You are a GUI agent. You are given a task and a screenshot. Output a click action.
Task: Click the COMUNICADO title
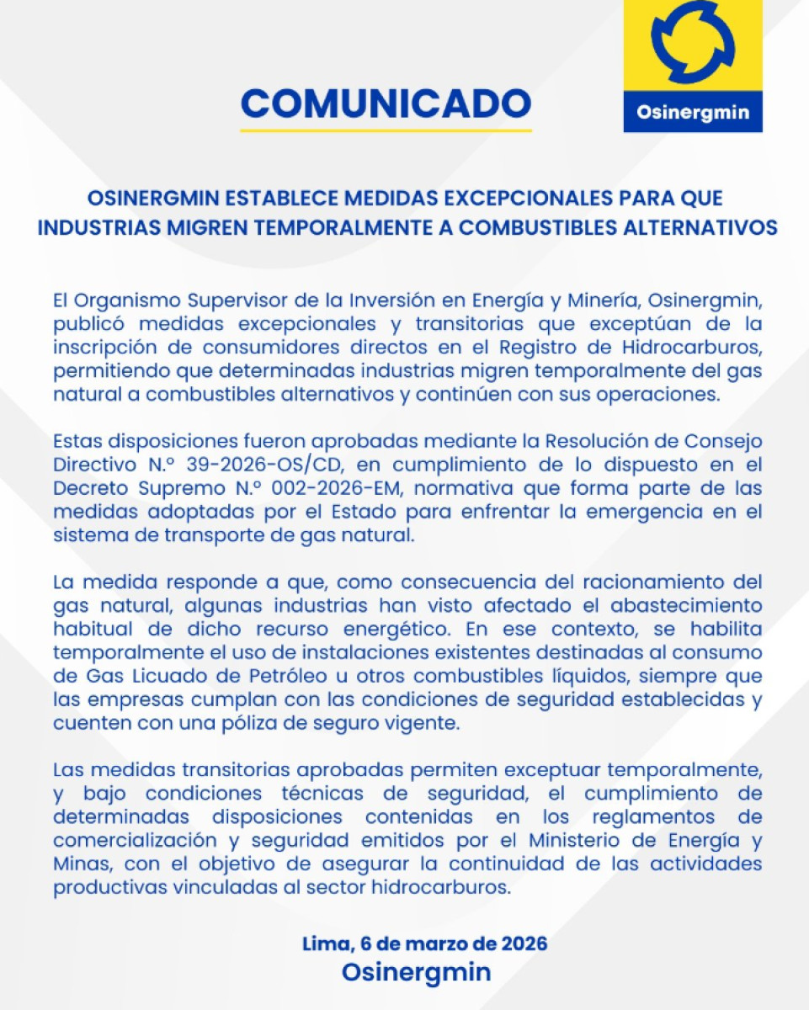[x=386, y=103]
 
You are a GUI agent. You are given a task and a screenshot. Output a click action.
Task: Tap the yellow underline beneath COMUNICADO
[x=386, y=130]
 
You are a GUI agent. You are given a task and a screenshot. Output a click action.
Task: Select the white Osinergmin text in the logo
[x=693, y=113]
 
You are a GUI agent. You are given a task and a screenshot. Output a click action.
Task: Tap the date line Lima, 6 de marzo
[x=424, y=944]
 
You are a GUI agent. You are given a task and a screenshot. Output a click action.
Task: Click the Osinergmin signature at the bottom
[x=416, y=972]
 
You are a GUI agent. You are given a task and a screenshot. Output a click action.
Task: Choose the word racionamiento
[x=638, y=582]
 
